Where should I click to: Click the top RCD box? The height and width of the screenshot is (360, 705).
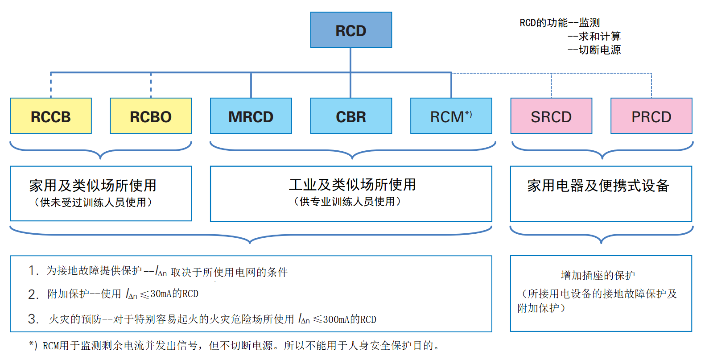tap(351, 30)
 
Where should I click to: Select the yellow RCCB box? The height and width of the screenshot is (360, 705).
tap(51, 116)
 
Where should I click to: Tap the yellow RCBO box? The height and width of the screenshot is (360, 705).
tap(151, 116)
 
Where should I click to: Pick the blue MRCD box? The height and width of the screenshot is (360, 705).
tap(251, 116)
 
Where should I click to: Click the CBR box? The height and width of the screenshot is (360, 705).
tap(351, 116)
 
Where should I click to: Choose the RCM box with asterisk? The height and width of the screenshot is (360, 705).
tap(451, 116)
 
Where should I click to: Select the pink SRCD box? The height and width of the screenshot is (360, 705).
tap(551, 116)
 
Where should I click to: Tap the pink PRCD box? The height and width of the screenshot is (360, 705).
tap(651, 116)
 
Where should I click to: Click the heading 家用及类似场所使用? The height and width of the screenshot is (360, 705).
tap(93, 185)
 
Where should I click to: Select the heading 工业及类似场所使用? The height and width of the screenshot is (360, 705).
tap(352, 184)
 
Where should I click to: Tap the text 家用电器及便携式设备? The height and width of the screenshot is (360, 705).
tap(598, 186)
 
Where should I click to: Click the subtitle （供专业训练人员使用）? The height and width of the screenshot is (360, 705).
tap(347, 202)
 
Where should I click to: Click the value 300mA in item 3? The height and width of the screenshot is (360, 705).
tap(336, 319)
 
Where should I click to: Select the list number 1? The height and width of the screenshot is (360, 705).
tap(33, 270)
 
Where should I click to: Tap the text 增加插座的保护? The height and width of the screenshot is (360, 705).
tap(598, 275)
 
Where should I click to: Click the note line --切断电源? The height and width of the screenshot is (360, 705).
tap(594, 50)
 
